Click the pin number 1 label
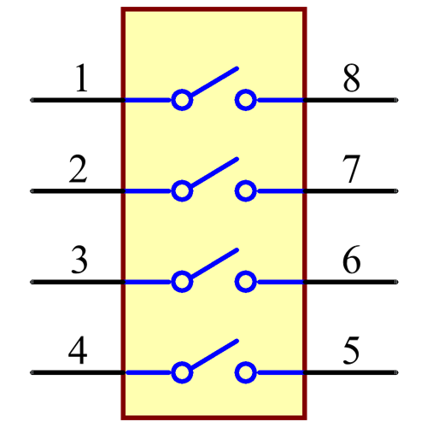(81, 79)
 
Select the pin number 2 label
(78, 169)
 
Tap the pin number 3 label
(79, 260)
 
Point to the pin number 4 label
(78, 350)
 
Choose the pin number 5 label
(351, 350)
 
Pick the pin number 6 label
(351, 260)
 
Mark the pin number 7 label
(351, 169)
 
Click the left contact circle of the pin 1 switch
(181, 100)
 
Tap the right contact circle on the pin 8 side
(246, 100)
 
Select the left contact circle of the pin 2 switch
(181, 190)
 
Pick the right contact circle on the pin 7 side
(246, 190)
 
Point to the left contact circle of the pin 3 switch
(181, 281)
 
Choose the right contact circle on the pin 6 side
(246, 281)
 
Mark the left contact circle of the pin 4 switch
(181, 372)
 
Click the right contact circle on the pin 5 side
(246, 372)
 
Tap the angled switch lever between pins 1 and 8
(213, 82)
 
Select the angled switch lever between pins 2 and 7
(213, 173)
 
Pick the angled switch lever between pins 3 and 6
(213, 263)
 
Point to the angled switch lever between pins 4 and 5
(213, 354)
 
